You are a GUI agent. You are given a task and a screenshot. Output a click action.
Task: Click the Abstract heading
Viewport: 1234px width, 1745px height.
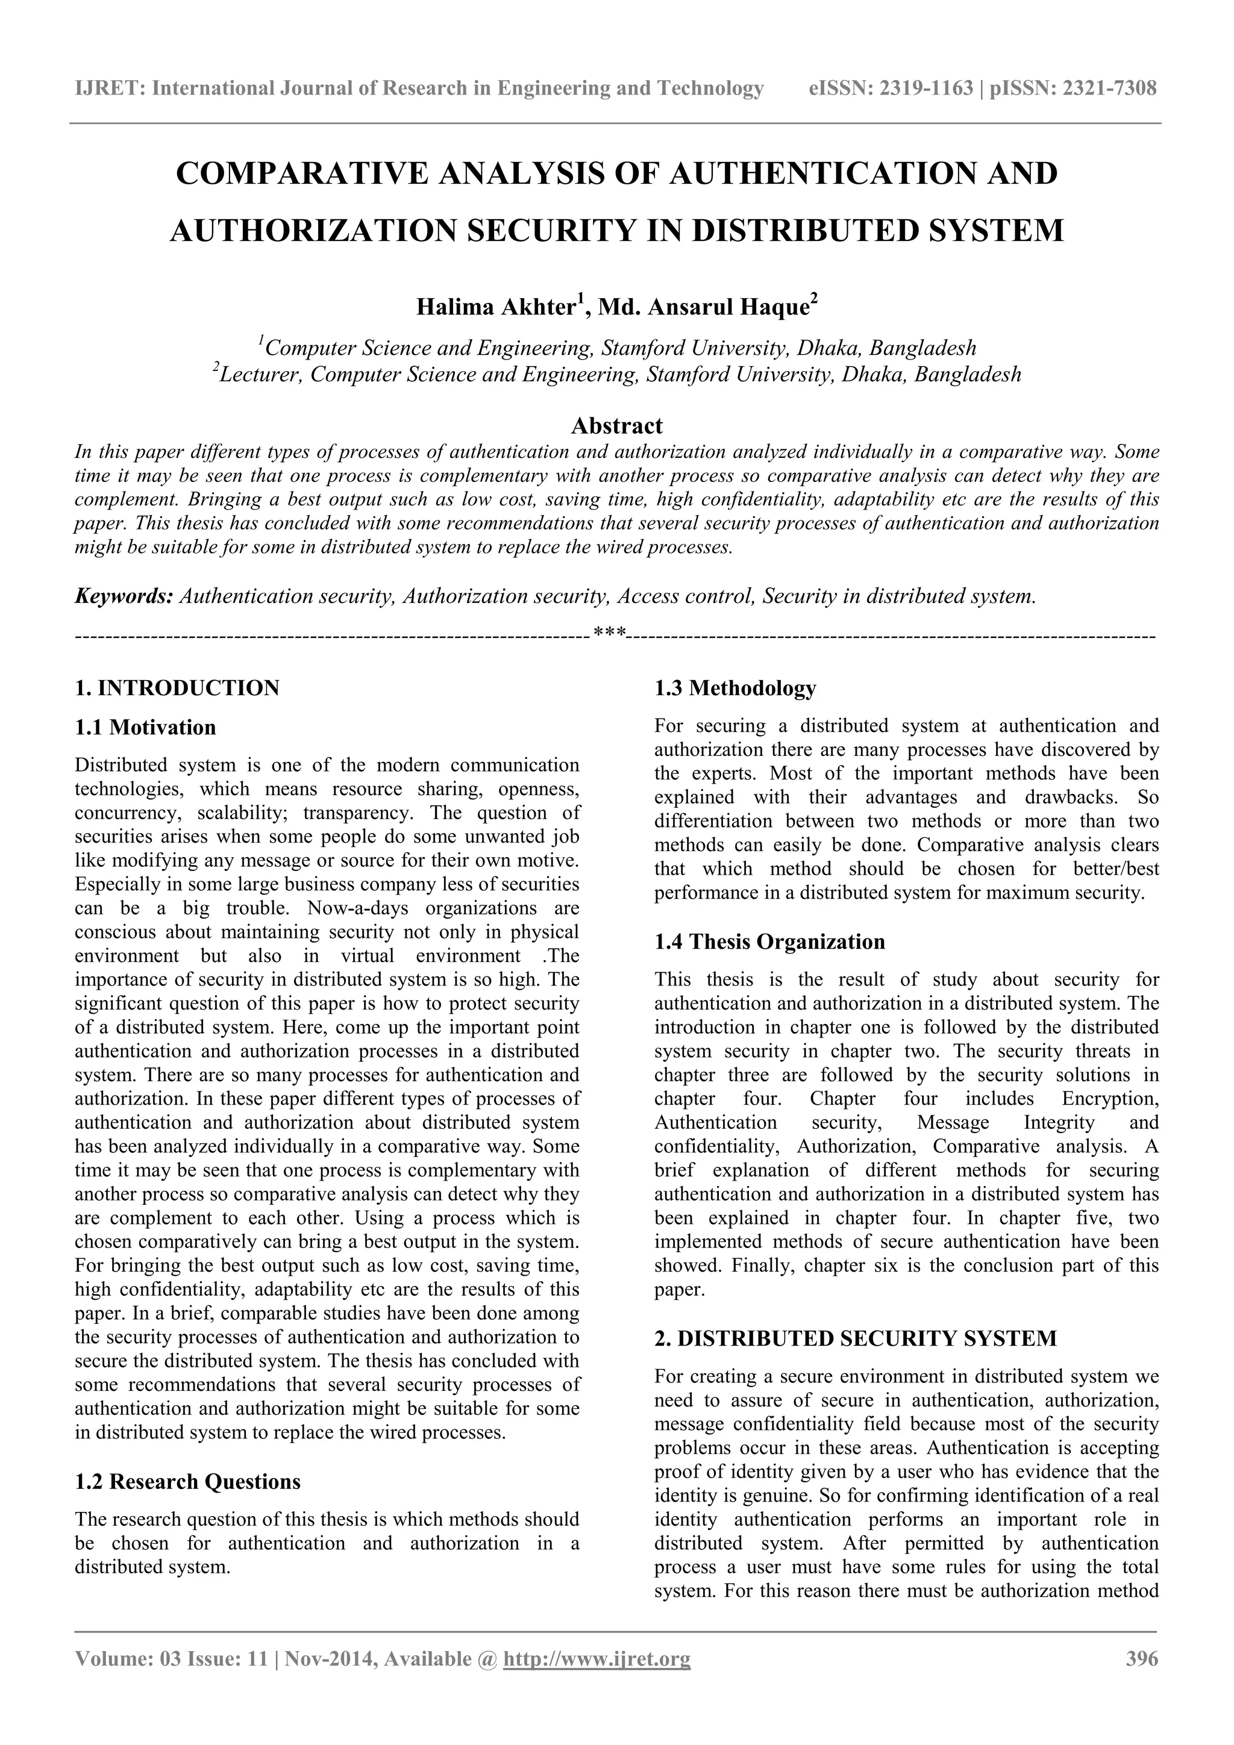[x=616, y=425]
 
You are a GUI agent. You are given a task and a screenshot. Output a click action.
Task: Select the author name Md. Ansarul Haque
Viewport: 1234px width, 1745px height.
[x=703, y=307]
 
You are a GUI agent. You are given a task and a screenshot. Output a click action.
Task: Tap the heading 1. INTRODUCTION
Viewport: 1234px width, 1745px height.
[x=177, y=688]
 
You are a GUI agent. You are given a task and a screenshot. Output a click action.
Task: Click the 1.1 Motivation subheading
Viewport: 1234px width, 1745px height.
[x=145, y=728]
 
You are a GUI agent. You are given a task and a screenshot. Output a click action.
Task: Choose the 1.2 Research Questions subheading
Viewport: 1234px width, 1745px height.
[x=188, y=1481]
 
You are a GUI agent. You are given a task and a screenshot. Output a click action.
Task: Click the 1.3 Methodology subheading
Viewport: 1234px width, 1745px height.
[x=734, y=688]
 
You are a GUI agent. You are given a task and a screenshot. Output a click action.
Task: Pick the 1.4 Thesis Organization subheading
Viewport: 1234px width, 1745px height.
[x=769, y=941]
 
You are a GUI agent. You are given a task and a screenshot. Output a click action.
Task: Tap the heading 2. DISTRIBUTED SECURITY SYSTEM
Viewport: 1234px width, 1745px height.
[x=856, y=1338]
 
